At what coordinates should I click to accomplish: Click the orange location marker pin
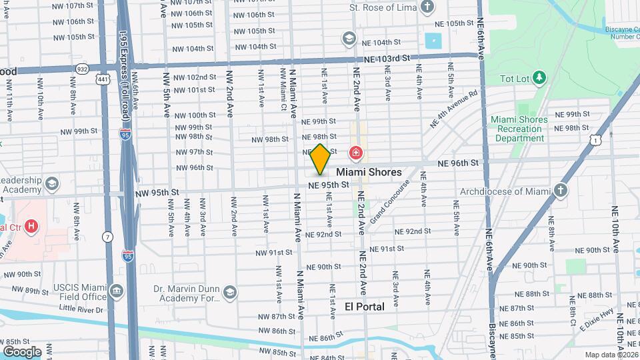(x=320, y=159)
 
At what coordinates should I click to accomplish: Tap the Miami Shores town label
(x=373, y=172)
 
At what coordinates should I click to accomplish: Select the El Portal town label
(x=365, y=307)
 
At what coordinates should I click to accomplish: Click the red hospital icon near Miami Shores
(x=356, y=154)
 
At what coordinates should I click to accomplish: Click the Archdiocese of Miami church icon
(x=561, y=191)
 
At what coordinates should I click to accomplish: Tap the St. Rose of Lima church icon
(x=427, y=8)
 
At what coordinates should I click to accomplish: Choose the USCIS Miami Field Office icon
(x=117, y=291)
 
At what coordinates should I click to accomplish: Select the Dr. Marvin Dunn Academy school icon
(x=230, y=292)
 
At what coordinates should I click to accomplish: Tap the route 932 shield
(x=82, y=68)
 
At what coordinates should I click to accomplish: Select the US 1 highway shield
(x=596, y=137)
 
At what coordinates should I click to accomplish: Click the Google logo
(x=22, y=351)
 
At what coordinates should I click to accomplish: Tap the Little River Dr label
(x=81, y=309)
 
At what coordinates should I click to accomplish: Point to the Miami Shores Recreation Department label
(x=519, y=129)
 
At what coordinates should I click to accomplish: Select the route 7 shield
(x=107, y=237)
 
